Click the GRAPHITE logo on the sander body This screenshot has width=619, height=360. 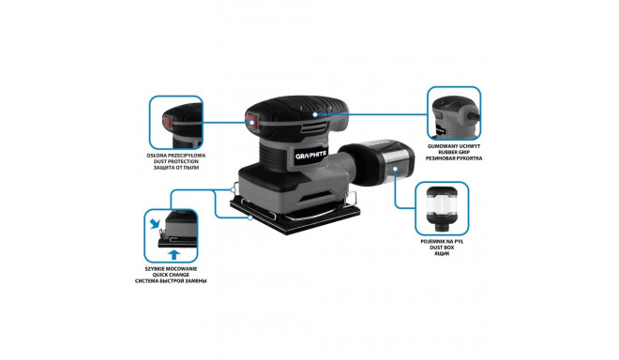pos(311,155)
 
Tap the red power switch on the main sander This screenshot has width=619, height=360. pos(252,122)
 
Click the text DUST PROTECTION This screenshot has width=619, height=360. pos(176,161)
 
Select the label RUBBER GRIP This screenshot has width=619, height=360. pos(454,152)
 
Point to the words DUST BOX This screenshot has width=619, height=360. pos(442,247)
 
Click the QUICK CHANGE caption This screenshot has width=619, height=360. pos(171,275)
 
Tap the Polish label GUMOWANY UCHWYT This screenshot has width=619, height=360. pos(454,146)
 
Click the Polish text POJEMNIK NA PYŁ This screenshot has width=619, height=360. pos(442,242)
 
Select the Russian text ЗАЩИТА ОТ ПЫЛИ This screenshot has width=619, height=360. pos(176,168)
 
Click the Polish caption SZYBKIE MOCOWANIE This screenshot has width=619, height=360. pos(171,269)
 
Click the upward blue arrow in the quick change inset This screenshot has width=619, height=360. pos(174,255)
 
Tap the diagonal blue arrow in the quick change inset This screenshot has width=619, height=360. pos(155,224)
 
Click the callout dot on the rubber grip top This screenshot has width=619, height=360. pos(315,114)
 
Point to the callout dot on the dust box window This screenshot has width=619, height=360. pos(395,169)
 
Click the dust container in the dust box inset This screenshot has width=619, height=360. pos(442,209)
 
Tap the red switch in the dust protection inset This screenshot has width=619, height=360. pos(167,122)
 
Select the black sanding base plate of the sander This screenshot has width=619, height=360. pos(295,216)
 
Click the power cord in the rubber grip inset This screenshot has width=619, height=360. pos(474,115)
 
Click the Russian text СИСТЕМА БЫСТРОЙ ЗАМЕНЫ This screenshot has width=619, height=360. pos(171,281)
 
